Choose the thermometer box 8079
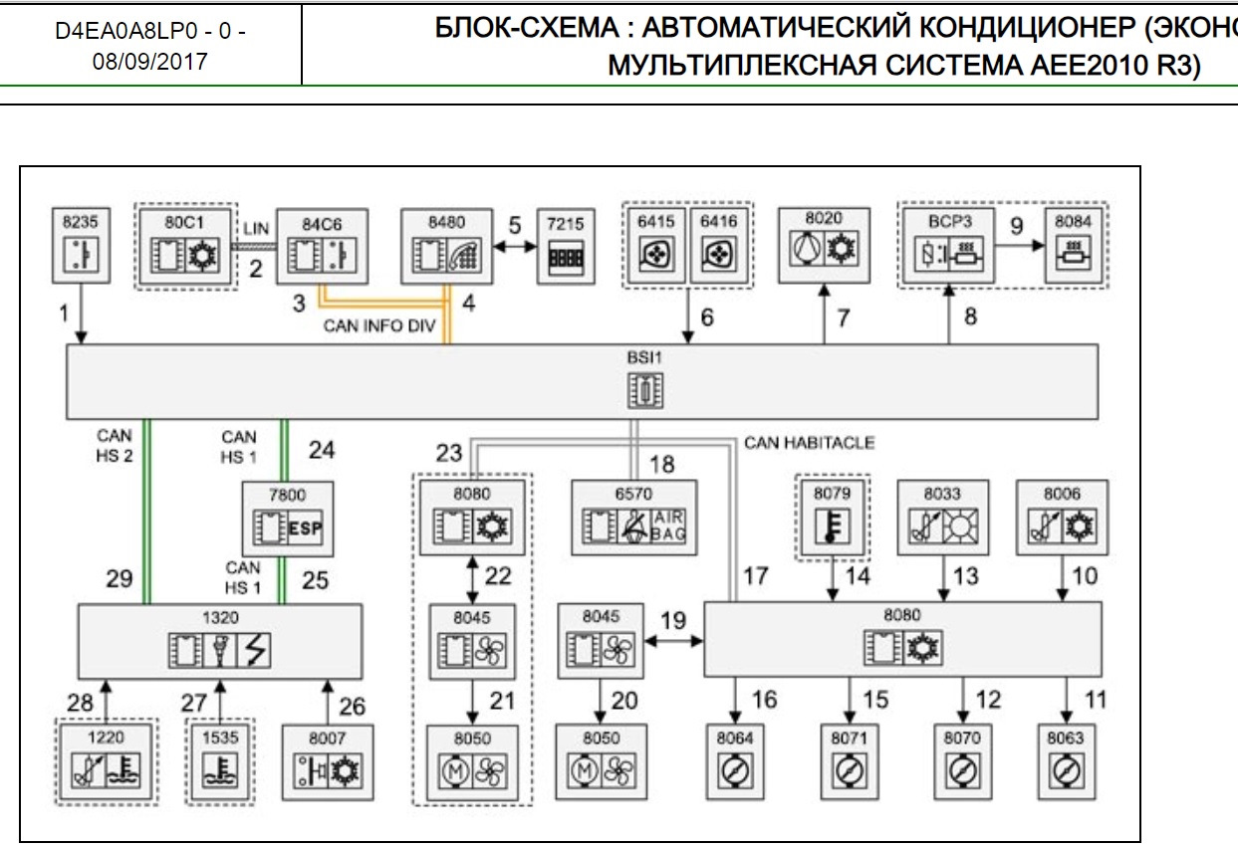[x=832, y=517]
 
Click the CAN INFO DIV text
[x=379, y=326]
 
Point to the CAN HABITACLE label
[x=808, y=442]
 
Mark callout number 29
[x=121, y=578]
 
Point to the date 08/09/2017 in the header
[x=151, y=62]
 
